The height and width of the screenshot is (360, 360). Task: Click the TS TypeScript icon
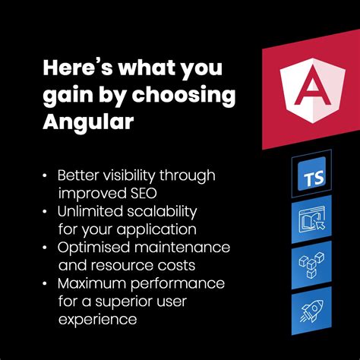[311, 180]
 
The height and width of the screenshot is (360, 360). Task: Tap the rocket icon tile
[311, 310]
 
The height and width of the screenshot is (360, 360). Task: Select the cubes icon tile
[311, 267]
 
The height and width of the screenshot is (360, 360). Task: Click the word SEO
[143, 192]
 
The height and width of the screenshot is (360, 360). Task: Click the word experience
[98, 320]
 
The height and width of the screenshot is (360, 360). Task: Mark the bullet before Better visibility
[47, 175]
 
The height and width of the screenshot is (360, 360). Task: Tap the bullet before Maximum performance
[47, 284]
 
